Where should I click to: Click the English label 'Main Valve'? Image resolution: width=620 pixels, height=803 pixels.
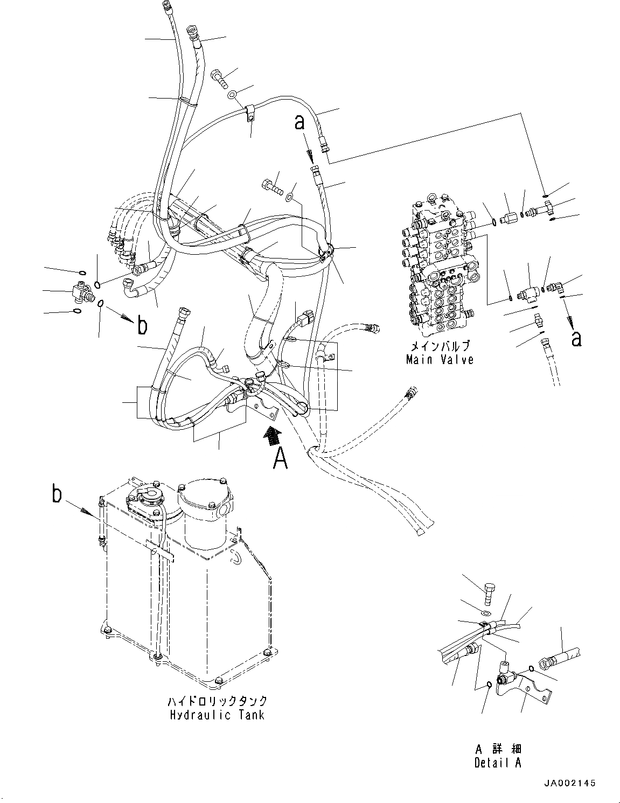click(x=440, y=360)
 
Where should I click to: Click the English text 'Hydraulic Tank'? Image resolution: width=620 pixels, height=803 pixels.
click(x=217, y=715)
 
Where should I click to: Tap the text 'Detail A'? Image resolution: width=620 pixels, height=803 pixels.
click(x=498, y=763)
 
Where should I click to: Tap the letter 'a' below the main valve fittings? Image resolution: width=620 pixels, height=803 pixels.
click(x=576, y=338)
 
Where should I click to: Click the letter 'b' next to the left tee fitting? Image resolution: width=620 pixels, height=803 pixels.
click(x=142, y=325)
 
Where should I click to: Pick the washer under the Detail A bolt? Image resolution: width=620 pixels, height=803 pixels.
click(x=485, y=613)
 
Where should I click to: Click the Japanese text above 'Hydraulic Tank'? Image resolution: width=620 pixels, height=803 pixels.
click(x=217, y=701)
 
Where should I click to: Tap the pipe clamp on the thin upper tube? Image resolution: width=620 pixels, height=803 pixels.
click(x=250, y=114)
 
